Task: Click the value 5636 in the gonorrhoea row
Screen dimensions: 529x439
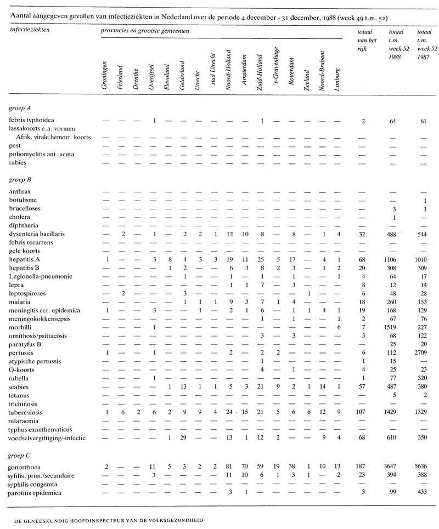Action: tap(423, 467)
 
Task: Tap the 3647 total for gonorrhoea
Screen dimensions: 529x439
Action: tap(391, 467)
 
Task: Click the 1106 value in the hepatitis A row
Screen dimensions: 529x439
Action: tap(391, 259)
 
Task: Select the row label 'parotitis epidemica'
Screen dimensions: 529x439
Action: tap(35, 493)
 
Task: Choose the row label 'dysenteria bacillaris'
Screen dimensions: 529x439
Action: tap(37, 234)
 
